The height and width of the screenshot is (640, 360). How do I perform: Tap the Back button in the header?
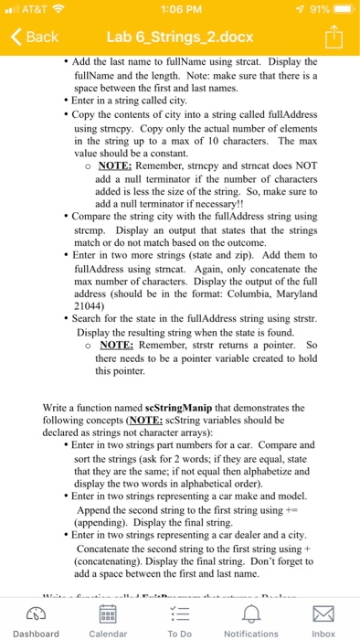(35, 37)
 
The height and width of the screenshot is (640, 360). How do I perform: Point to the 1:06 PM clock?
(179, 10)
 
